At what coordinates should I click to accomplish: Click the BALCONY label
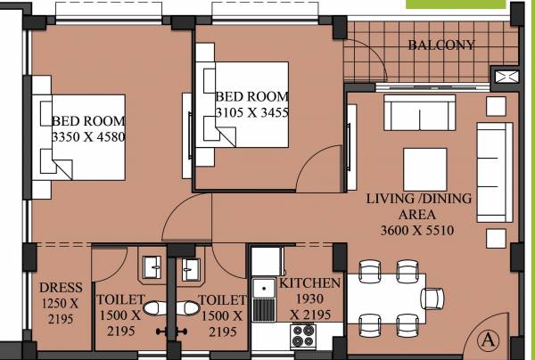pos(441,45)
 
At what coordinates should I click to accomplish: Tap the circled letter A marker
pos(487,340)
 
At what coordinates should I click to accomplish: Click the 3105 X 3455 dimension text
pos(252,112)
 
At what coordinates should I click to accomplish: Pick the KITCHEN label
pos(309,282)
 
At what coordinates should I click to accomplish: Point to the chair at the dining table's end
pos(433,298)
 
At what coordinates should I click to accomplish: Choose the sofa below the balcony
pos(420,112)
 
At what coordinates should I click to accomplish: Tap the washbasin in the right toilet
pos(190,266)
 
